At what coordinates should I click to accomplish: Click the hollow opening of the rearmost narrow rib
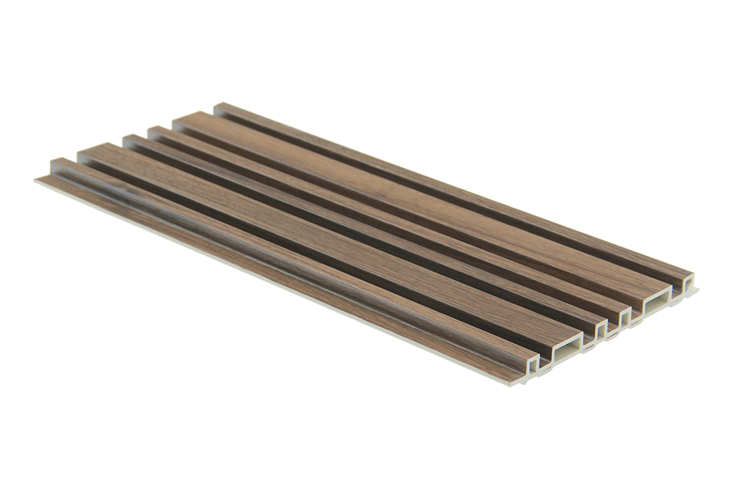coord(687,282)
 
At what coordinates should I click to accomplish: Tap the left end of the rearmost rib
coord(218,108)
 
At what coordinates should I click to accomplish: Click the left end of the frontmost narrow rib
coord(53,163)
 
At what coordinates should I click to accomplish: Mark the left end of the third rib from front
coord(126,138)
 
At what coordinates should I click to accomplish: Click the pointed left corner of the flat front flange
coord(34,177)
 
